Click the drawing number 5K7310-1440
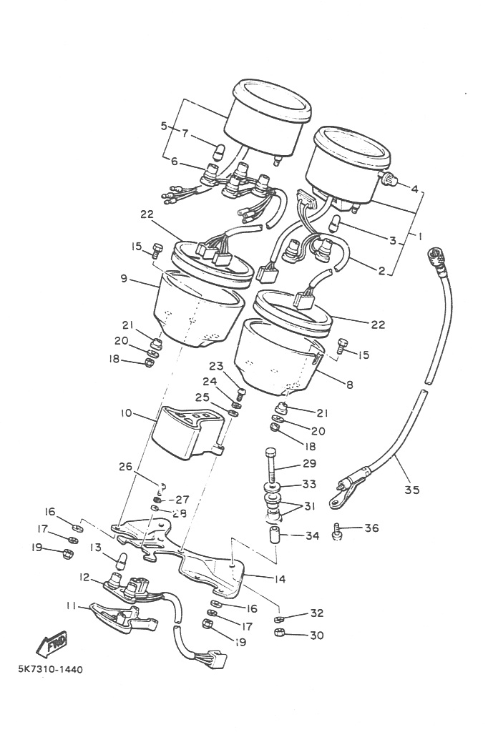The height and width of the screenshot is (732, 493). click(x=51, y=669)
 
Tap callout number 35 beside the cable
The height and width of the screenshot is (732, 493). click(x=412, y=490)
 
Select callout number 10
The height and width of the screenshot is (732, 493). click(x=126, y=413)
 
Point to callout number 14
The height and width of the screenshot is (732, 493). click(x=280, y=579)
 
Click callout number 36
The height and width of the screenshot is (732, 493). click(x=371, y=528)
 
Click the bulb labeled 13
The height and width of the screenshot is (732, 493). click(x=122, y=559)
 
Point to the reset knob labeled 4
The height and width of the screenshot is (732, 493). click(x=388, y=179)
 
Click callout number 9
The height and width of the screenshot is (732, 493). click(x=123, y=279)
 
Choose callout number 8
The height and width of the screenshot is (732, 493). click(x=349, y=385)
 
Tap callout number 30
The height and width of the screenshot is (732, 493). click(x=317, y=635)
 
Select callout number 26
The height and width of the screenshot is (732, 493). click(x=126, y=466)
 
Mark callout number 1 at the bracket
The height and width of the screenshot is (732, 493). click(x=419, y=237)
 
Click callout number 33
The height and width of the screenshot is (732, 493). click(x=309, y=484)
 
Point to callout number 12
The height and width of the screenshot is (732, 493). click(x=84, y=578)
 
